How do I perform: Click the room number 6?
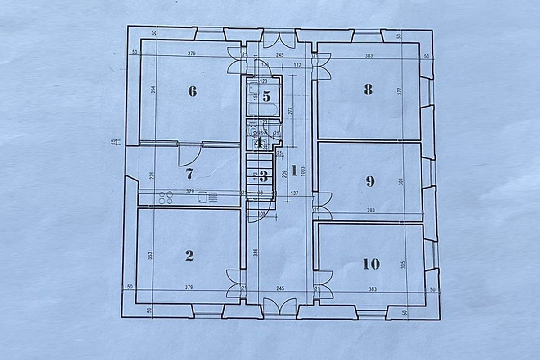[x=192, y=91]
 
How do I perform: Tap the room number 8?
[x=368, y=90]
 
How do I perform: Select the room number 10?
[x=371, y=263]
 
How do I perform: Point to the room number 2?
[x=189, y=256]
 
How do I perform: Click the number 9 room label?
[x=370, y=181]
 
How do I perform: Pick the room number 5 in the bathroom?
[x=266, y=96]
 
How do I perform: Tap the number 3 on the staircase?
[x=264, y=176]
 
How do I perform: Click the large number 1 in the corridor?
[x=293, y=171]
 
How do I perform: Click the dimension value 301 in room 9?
[x=400, y=182]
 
